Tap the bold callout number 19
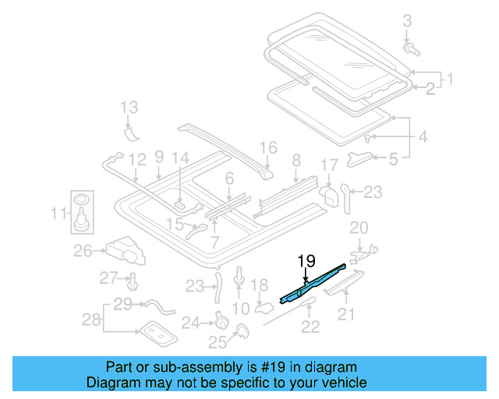306,260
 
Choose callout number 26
83,251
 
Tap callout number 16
268,147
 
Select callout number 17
329,165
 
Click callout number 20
358,228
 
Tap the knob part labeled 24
220,320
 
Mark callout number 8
296,161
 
